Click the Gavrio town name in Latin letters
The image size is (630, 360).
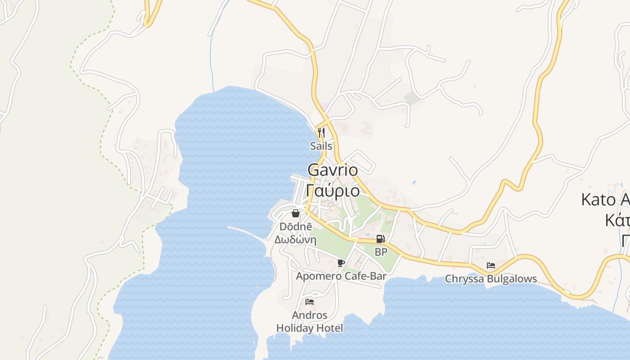point(333,170)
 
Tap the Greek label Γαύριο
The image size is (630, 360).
point(333,191)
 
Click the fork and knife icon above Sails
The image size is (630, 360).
point(321,132)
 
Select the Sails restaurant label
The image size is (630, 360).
point(321,146)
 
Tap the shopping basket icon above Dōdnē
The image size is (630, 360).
point(296,213)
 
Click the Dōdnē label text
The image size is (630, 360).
point(296,226)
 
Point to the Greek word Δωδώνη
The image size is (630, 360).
point(296,239)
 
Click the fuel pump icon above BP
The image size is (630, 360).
point(381,239)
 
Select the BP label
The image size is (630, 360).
point(381,252)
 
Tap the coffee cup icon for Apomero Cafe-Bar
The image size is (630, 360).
point(341,263)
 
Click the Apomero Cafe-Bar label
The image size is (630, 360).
point(341,276)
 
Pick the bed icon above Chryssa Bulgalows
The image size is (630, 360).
point(491,265)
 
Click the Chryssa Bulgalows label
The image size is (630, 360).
point(491,279)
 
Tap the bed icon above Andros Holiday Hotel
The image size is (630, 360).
point(310,301)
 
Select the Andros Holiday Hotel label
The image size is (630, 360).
point(310,321)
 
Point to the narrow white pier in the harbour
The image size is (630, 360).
point(245,232)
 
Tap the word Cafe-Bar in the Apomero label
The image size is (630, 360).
point(365,276)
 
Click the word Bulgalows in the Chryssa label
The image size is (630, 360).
point(511,279)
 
